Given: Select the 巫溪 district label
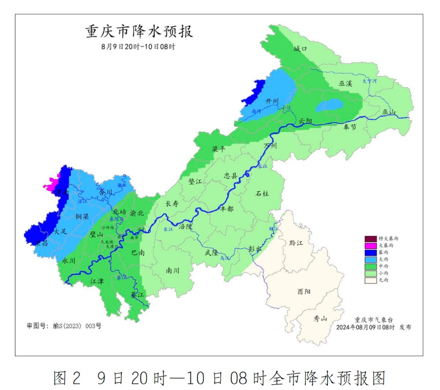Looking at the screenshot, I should click(x=345, y=83).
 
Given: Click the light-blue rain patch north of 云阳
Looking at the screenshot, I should click(x=329, y=105).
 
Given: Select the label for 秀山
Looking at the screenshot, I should click(x=320, y=319).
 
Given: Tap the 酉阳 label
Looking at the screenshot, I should click(x=304, y=291).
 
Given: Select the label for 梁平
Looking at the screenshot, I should click(x=218, y=149).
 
